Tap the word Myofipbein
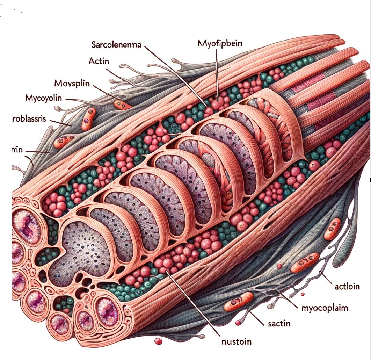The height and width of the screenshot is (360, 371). pos(220,44)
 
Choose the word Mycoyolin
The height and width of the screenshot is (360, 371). pos(43,98)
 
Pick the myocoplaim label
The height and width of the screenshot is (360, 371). pos(325,308)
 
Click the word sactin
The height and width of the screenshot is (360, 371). pos(279,324)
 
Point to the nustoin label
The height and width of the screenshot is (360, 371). pos(237,341)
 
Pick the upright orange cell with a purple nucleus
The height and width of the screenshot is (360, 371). pos(89,118)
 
